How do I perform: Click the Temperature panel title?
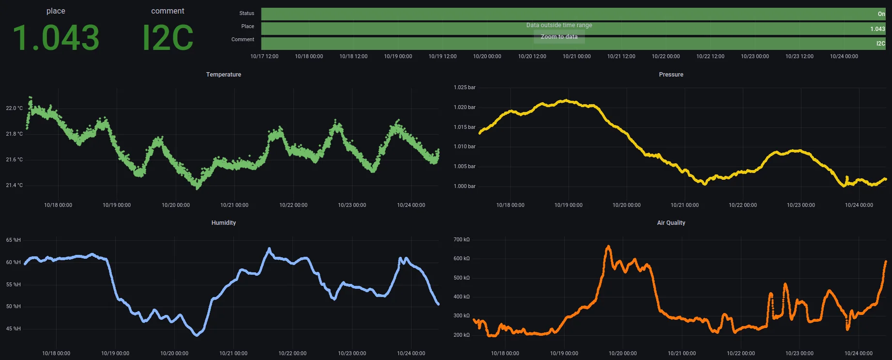coord(223,75)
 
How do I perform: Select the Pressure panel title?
coord(671,75)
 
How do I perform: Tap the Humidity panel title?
coord(223,223)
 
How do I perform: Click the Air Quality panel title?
coord(671,223)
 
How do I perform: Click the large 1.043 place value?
coord(56,38)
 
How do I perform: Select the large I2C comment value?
coord(168,38)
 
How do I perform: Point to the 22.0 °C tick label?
coord(14,109)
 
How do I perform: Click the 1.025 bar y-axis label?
coord(464,88)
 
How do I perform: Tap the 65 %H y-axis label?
coord(14,240)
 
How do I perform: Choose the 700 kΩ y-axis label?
coord(461,240)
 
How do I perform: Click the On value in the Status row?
coord(881,14)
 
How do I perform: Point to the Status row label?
coord(246,14)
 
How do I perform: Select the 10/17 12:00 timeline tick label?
coord(264,57)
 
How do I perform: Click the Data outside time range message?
coord(559,25)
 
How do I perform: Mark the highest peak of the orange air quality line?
coord(609,247)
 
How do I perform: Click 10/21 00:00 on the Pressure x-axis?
coord(684,205)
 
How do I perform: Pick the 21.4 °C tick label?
coord(14,186)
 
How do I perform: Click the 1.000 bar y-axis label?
coord(464,187)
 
